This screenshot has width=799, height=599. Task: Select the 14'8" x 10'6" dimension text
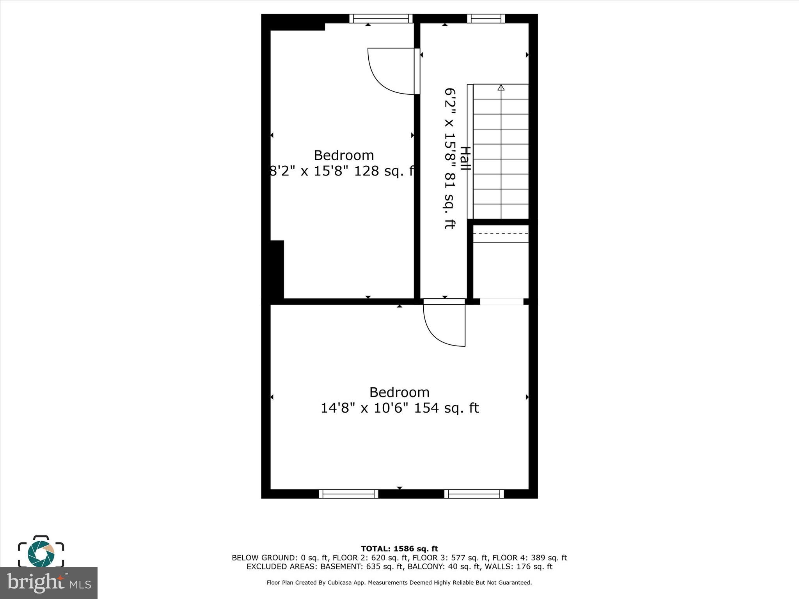364,408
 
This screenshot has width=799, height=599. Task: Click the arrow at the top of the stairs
501,88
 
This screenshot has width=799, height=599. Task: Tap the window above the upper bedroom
381,18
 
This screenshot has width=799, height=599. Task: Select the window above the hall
486,18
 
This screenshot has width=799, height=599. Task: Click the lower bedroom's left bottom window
348,494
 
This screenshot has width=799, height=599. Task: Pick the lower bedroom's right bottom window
474,494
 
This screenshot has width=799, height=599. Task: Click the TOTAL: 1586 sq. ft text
399,549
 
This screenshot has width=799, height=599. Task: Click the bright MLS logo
48,583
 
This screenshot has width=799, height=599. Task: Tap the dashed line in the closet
501,234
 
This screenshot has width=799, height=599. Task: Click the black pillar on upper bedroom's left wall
277,269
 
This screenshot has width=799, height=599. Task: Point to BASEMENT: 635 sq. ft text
352,567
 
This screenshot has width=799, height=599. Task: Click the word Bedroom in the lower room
399,392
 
